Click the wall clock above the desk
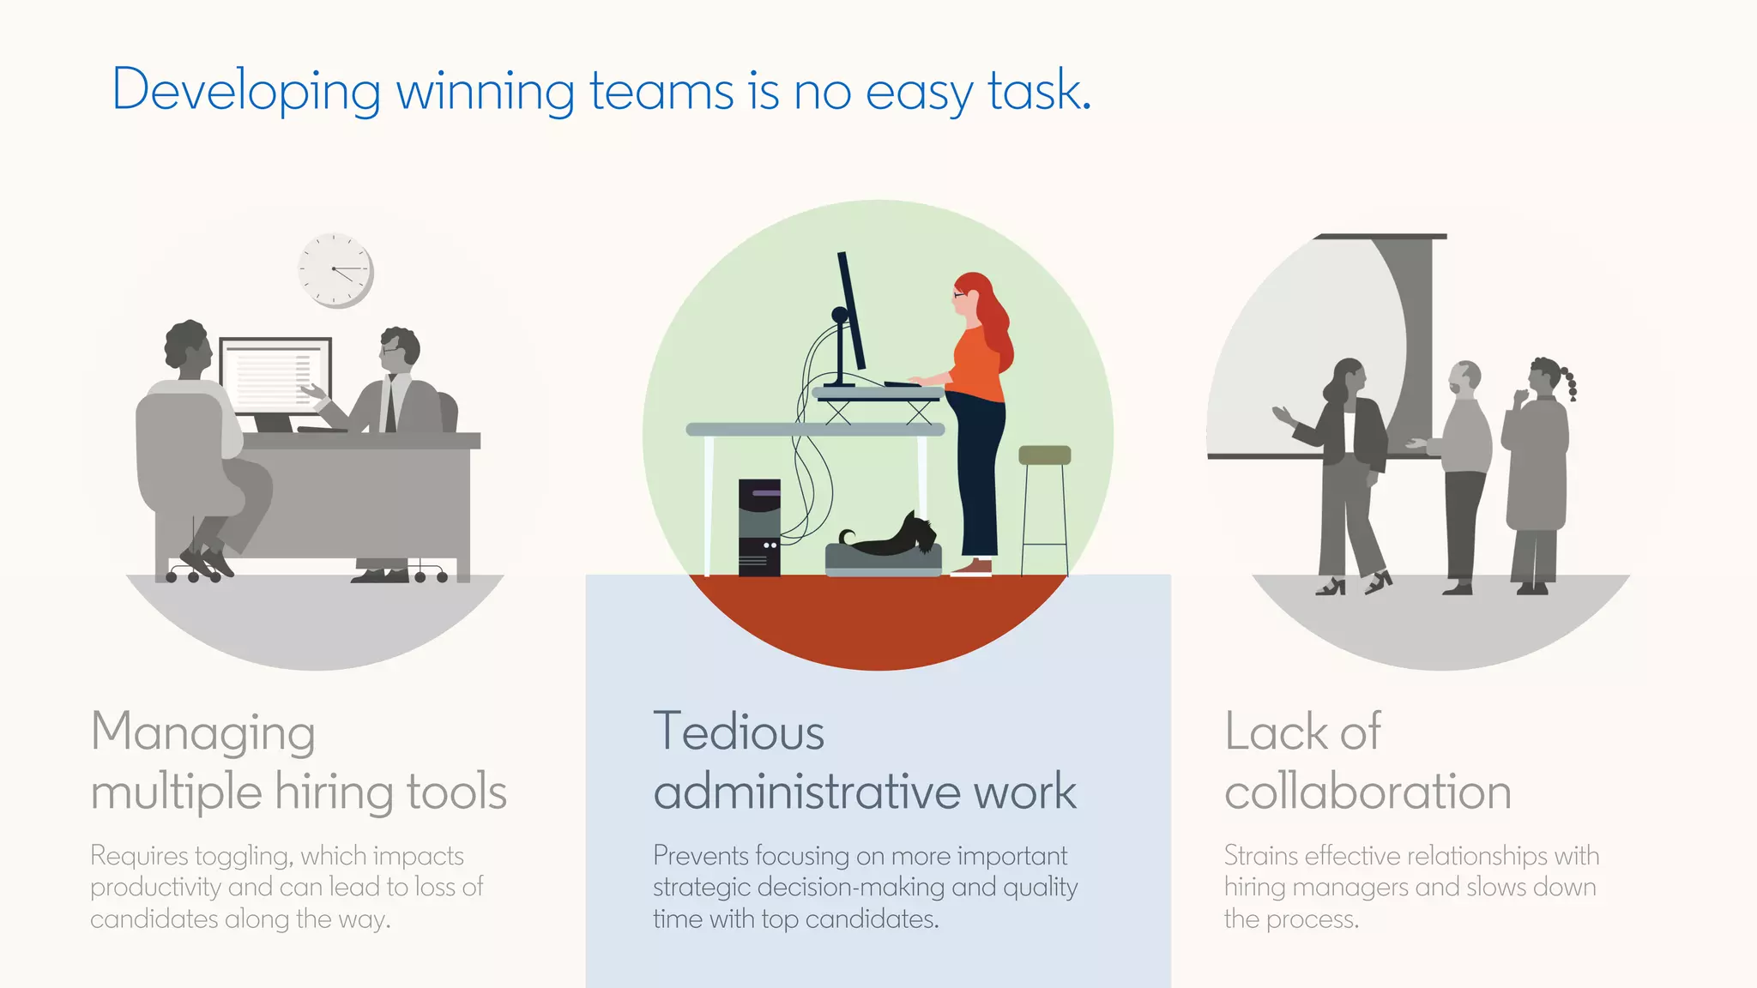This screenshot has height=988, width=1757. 335,269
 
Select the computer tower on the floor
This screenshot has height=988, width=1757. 759,527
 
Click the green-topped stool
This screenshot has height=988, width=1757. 1044,455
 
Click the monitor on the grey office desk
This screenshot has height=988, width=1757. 275,377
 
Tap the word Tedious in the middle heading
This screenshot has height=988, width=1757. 739,732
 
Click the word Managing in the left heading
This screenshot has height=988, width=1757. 203,734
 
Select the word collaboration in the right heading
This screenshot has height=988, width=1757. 1368,792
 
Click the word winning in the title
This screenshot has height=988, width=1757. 485,91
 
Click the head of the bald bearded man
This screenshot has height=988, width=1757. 1465,378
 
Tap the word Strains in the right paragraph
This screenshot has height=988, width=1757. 1260,856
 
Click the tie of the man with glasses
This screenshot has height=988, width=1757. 391,403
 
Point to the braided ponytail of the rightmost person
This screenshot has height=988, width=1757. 1570,383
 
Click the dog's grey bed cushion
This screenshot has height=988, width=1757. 883,560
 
